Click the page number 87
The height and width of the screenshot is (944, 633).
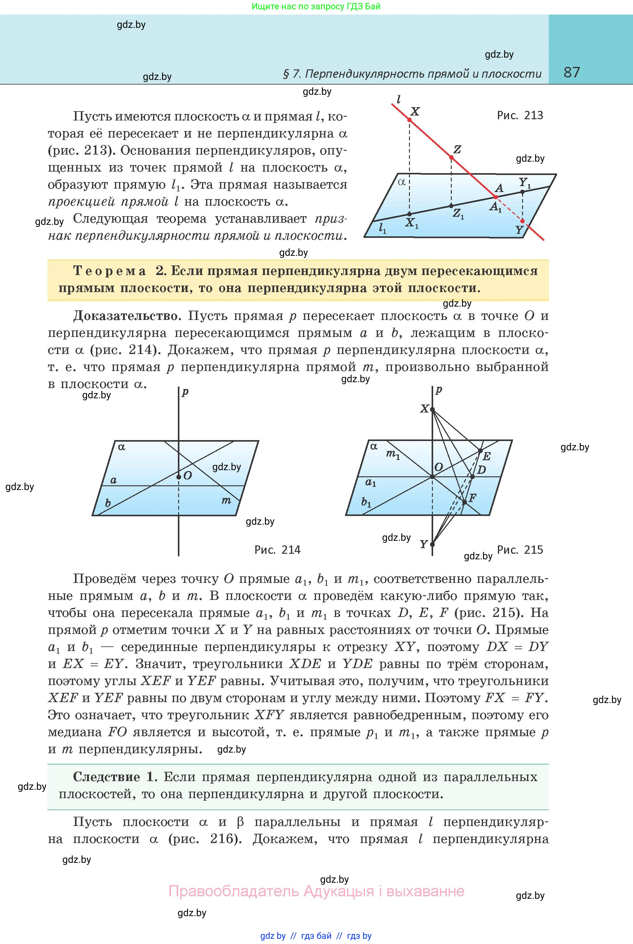click(x=571, y=72)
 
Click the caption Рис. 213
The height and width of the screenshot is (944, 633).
click(x=520, y=116)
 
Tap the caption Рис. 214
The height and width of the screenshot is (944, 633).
click(x=277, y=550)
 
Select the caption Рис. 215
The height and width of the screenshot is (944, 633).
click(x=520, y=550)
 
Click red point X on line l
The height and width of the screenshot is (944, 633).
click(x=409, y=120)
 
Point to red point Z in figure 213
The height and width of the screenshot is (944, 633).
click(x=452, y=157)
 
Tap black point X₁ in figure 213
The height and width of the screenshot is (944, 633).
click(x=409, y=214)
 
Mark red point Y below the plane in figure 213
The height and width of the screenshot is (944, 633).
click(x=522, y=221)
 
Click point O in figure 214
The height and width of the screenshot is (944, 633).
click(x=179, y=477)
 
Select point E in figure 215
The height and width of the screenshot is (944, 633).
click(x=480, y=451)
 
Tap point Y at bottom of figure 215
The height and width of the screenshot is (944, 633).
click(x=432, y=544)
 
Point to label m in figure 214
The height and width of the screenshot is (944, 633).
click(x=226, y=500)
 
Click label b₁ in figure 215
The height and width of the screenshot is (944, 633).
click(x=366, y=502)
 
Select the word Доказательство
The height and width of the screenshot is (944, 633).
click(x=125, y=316)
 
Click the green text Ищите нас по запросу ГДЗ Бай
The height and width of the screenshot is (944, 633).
click(x=316, y=7)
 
